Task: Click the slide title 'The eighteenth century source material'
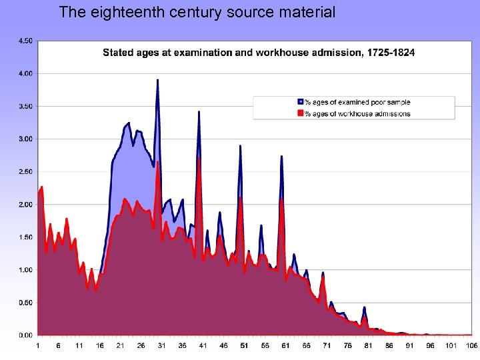tap(197, 11)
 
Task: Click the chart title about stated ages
tap(258, 53)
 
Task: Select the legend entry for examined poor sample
tap(357, 103)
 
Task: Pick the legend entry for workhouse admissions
tap(357, 113)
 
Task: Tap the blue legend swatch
tap(300, 103)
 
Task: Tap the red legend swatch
tap(300, 113)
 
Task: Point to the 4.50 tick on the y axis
tap(24, 41)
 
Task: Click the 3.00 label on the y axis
tap(24, 139)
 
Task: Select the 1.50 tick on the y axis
tap(24, 237)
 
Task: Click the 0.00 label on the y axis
tap(24, 335)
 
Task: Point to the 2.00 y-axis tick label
tap(24, 205)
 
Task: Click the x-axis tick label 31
tap(161, 346)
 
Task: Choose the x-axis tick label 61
tap(285, 346)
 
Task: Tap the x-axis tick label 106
tap(471, 346)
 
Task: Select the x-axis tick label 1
tap(38, 346)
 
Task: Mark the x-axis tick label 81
tap(368, 346)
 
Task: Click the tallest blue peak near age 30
tap(157, 81)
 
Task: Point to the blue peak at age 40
tap(199, 112)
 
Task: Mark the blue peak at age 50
tap(240, 146)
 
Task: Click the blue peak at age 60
tap(281, 157)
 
